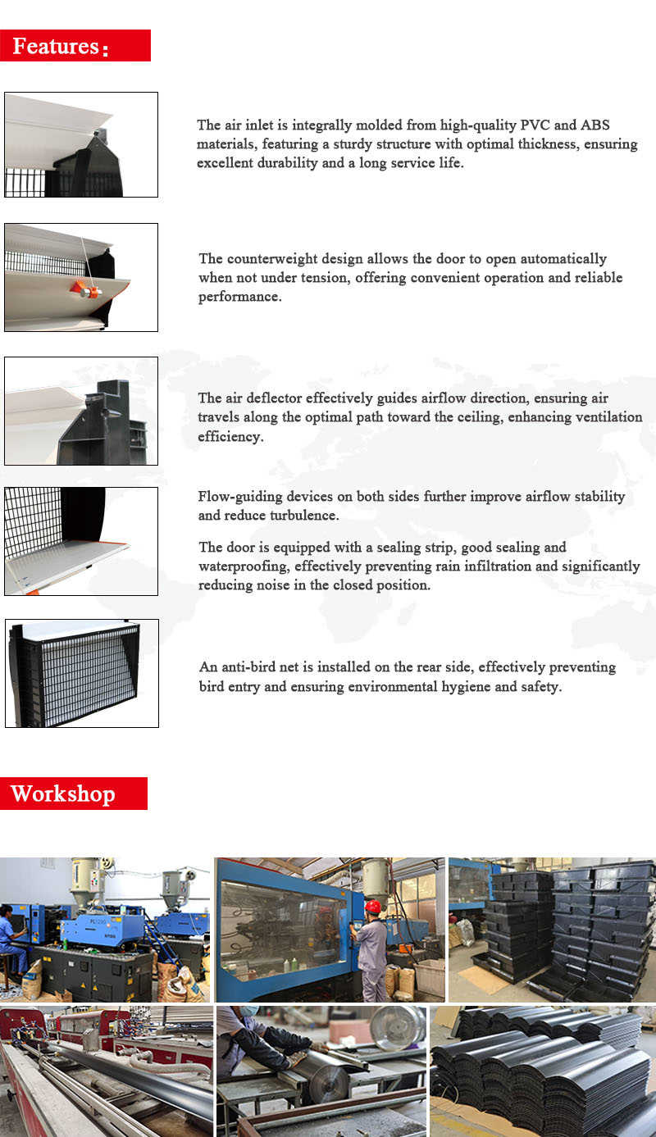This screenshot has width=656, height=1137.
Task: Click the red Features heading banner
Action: pos(75,46)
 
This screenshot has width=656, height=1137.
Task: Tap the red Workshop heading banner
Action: pos(73,794)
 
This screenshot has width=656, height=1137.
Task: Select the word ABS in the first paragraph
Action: pos(595,125)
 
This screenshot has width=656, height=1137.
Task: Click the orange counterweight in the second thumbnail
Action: pos(85,289)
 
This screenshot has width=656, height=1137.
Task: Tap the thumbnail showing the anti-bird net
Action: pos(81,673)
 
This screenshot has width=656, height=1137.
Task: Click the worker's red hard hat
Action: pos(373,907)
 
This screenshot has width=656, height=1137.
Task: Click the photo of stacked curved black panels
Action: pos(542,1071)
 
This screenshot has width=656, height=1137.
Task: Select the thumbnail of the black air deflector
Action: pos(81,411)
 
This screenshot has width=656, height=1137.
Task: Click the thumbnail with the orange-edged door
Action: pos(81,541)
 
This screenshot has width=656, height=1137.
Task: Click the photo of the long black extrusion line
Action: pos(106,1071)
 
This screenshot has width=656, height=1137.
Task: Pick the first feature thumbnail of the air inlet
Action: pos(81,144)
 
